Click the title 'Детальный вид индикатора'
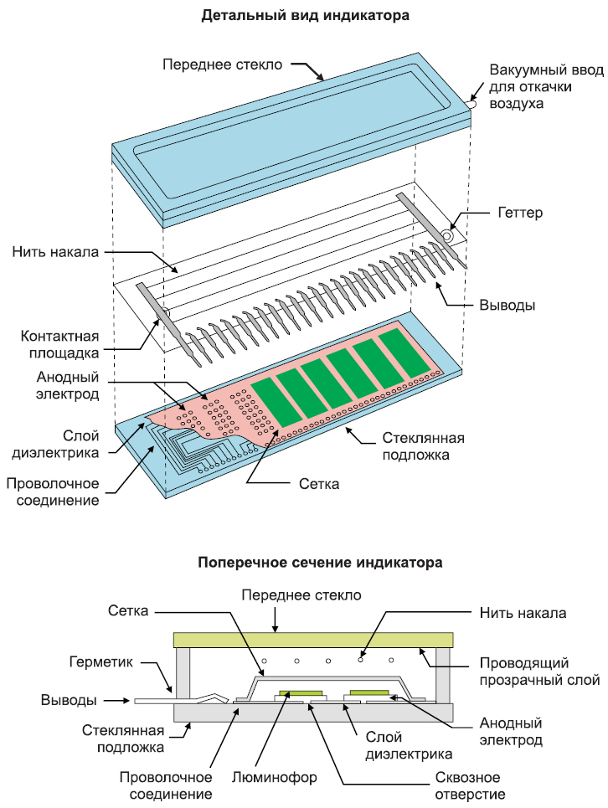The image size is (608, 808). (x=304, y=16)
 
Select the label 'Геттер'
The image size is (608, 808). (x=519, y=213)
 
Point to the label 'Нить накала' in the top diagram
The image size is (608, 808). (x=56, y=251)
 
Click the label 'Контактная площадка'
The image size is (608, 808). (x=56, y=344)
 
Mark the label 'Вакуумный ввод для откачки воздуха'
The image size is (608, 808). (x=544, y=87)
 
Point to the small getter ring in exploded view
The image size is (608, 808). (x=449, y=237)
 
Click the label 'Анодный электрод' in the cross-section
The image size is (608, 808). (x=511, y=731)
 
